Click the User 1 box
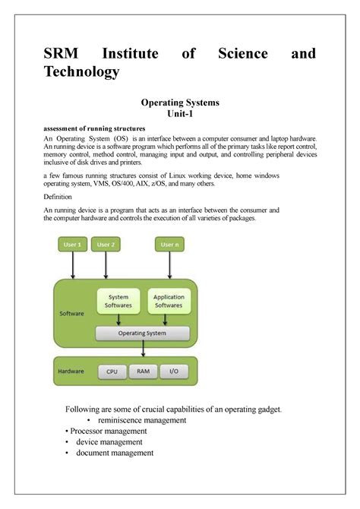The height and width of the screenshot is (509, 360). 71,245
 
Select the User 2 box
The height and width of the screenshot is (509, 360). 106,245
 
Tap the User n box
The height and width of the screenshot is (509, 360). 169,245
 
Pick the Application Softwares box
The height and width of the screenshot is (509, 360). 169,302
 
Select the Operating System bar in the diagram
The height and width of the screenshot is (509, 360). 143,333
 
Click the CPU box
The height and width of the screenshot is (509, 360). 112,372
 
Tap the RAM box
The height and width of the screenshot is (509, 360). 143,372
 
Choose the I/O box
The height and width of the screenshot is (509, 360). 174,372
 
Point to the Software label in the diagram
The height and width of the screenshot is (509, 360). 71,312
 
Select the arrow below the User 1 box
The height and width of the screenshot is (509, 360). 71,265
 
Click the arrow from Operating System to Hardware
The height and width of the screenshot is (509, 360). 143,348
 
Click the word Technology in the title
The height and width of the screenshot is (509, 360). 81,71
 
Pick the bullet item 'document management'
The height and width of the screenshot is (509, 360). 115,453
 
